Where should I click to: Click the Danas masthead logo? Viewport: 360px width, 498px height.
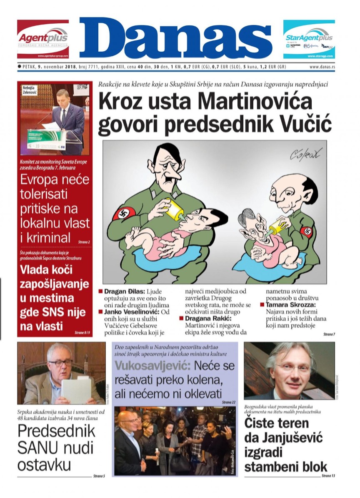point(175,38)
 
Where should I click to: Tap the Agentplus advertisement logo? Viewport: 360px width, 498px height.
point(42,39)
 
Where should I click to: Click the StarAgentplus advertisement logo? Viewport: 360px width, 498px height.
point(309,39)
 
